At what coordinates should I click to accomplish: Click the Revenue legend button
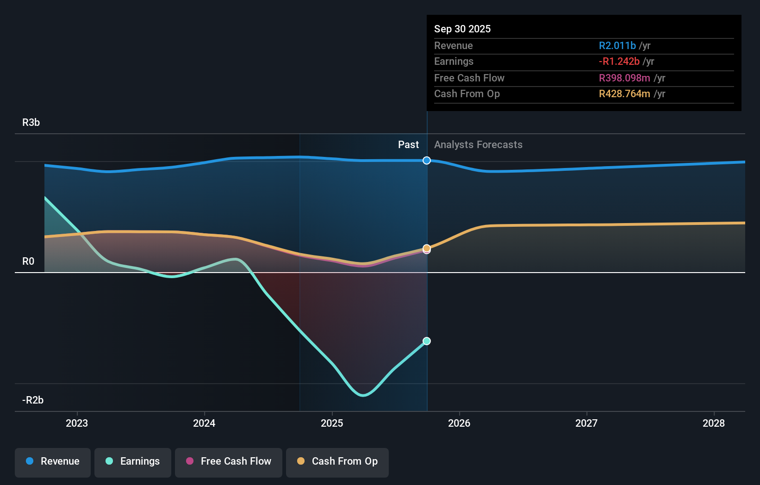53,462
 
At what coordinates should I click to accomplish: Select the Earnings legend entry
133,462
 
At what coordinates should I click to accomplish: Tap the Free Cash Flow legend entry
229,462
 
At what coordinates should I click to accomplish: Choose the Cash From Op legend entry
337,462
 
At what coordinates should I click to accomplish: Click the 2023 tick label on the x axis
77,423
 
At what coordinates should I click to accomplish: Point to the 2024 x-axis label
204,423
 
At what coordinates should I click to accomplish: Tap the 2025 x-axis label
332,423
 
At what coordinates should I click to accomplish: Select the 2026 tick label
459,423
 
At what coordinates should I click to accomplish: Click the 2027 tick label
586,423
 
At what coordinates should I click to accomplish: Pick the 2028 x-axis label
714,423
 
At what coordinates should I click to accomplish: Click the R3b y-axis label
31,123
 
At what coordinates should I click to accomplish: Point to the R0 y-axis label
28,261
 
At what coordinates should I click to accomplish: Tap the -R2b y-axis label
33,400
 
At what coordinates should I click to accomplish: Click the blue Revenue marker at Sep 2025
427,161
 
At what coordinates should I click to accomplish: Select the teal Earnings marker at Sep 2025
427,341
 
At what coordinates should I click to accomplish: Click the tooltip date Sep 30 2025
462,29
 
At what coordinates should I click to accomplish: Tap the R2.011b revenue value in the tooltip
617,46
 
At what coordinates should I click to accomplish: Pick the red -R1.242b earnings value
619,62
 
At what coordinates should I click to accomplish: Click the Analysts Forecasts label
478,145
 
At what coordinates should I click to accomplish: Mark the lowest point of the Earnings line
363,395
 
